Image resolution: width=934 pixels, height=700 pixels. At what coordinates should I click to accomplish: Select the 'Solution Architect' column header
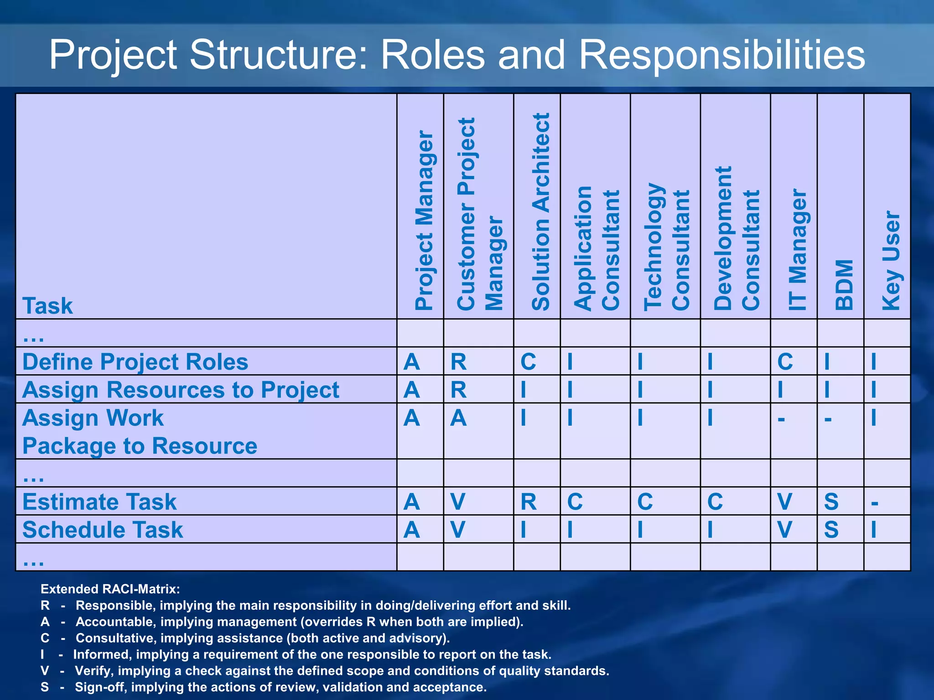coord(541,212)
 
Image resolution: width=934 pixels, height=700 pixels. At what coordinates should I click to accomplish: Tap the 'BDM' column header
coord(844,285)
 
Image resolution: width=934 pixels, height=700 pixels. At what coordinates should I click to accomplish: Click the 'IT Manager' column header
coord(798,250)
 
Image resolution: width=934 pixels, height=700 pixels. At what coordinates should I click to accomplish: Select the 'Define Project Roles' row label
coord(135,362)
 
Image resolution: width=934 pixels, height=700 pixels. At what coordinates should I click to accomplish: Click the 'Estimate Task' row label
coord(99,502)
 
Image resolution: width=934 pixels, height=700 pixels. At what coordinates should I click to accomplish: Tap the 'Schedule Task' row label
coord(103,530)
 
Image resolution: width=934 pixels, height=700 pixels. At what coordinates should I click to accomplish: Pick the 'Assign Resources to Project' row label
coord(181,390)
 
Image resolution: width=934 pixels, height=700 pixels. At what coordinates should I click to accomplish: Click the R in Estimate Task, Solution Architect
coord(529,502)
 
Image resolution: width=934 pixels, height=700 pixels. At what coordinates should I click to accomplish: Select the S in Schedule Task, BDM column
coord(831,530)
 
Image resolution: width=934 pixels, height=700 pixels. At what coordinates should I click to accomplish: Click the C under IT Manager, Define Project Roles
coord(785,362)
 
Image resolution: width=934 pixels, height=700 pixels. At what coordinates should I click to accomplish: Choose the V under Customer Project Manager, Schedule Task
coord(457,530)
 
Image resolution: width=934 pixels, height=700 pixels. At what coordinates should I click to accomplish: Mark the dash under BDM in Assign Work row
coord(828,419)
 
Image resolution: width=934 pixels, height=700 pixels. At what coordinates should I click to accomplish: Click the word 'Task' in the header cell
coord(47,306)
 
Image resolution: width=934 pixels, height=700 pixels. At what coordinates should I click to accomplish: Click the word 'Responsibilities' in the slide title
coord(721,55)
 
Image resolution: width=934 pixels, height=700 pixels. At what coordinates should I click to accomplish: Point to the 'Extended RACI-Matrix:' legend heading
coord(110,589)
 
